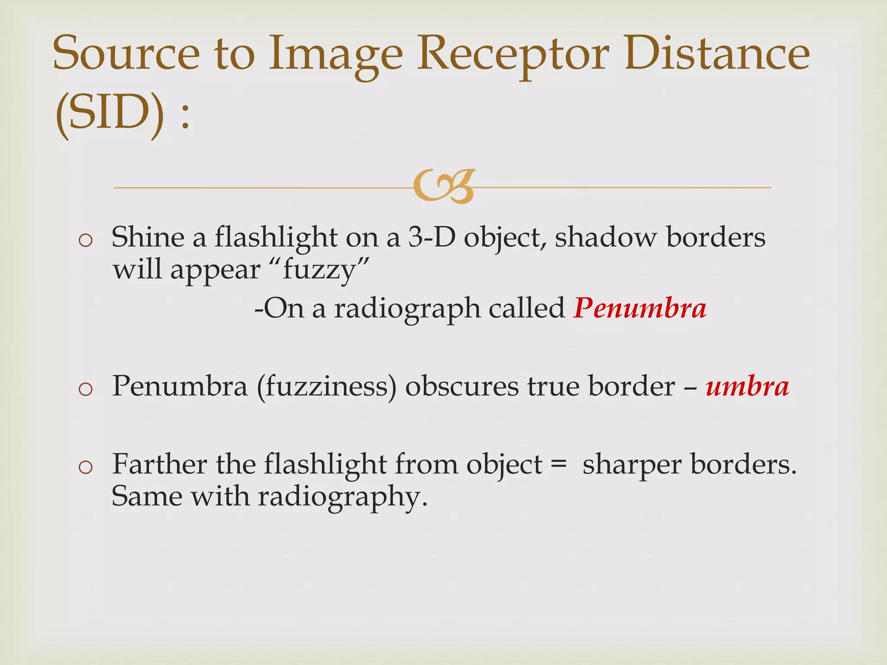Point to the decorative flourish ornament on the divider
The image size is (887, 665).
[443, 187]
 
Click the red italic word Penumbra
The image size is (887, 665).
[640, 308]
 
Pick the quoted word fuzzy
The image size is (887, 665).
[320, 270]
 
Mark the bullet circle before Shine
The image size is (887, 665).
[86, 240]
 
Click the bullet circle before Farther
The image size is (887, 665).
[86, 467]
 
